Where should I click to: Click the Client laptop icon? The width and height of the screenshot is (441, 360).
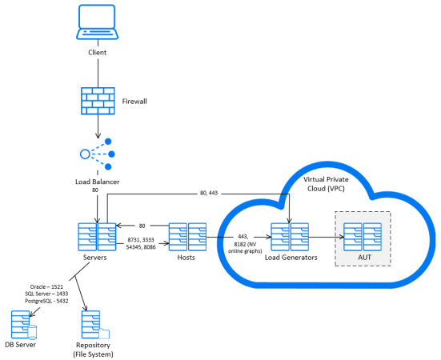(x=97, y=23)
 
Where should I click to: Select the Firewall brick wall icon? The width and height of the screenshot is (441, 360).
(x=97, y=102)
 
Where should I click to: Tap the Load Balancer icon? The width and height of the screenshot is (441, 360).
(x=97, y=154)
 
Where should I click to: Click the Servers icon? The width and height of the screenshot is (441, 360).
(x=97, y=236)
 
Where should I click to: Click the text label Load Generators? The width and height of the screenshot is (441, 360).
(x=290, y=258)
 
